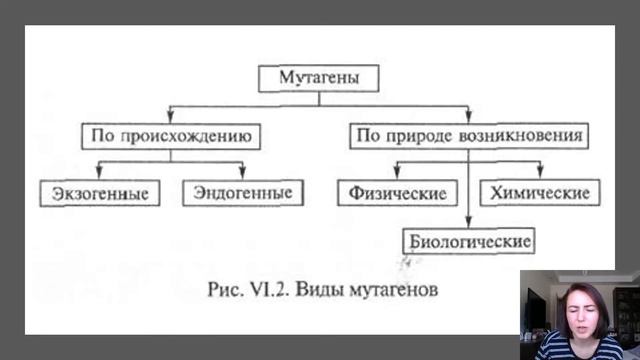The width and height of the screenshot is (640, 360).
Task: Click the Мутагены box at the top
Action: pos(319,77)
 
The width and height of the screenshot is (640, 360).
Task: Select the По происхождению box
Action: pos(170,134)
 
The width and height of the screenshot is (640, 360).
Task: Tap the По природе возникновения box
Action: pos(468,134)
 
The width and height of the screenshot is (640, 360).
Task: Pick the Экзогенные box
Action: pos(100,194)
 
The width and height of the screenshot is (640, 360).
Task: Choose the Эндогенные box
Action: pos(243,193)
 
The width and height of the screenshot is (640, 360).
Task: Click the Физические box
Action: pos(397,192)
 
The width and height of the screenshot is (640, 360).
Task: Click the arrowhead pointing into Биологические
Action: pos(468,224)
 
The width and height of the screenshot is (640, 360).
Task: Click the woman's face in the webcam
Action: pos(580,306)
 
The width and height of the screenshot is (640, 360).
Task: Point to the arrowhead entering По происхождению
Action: pos(170,117)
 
